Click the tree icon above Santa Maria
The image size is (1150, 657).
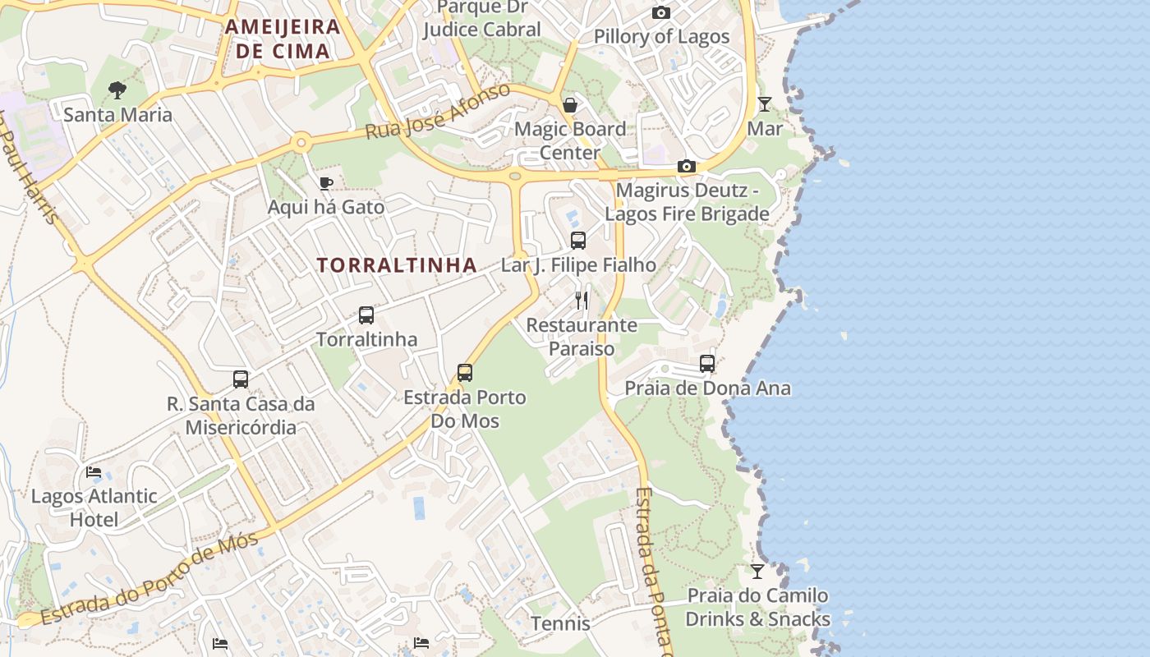click(x=117, y=90)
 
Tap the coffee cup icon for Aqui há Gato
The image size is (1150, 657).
click(x=326, y=183)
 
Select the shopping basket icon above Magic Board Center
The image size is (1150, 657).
click(x=569, y=105)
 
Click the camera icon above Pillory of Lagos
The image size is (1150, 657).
click(x=661, y=12)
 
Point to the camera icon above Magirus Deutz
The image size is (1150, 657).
click(x=687, y=167)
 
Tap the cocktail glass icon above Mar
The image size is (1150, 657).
click(x=765, y=104)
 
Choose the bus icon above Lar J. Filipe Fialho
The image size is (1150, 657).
click(x=578, y=241)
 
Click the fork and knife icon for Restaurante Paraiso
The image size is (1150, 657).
click(x=582, y=301)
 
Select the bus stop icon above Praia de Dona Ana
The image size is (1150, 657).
click(x=707, y=363)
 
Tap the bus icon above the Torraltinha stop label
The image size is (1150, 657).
click(x=366, y=315)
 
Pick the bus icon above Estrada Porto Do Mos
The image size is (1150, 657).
click(x=465, y=373)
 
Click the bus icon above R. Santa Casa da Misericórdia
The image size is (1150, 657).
click(x=241, y=379)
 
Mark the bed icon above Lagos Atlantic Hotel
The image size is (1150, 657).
click(x=94, y=472)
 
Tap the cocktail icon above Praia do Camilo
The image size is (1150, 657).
click(x=757, y=571)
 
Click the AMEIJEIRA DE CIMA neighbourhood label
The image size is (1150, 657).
click(x=283, y=39)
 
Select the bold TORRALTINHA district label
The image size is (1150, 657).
click(x=397, y=265)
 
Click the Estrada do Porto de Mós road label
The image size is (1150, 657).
click(x=149, y=579)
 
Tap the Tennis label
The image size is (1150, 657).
click(x=560, y=623)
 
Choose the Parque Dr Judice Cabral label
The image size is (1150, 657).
click(x=481, y=19)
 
